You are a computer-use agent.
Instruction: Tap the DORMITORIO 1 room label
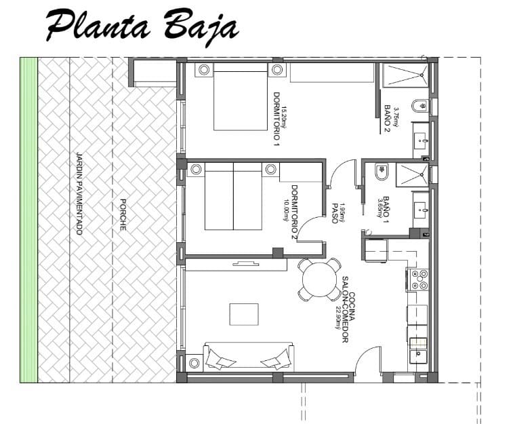coord(276,119)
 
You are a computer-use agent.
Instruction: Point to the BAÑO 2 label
coord(388,116)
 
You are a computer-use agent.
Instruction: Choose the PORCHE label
coord(123,214)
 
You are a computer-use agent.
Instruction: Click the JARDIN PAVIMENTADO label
coord(79,193)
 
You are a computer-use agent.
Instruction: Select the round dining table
coord(319,279)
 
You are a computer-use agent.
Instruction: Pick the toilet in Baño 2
coord(421,107)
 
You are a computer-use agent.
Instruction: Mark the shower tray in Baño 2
coord(405,75)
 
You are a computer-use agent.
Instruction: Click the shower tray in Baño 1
coord(411,174)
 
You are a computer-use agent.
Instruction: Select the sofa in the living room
coord(248,357)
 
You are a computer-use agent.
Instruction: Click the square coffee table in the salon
coord(243,314)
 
